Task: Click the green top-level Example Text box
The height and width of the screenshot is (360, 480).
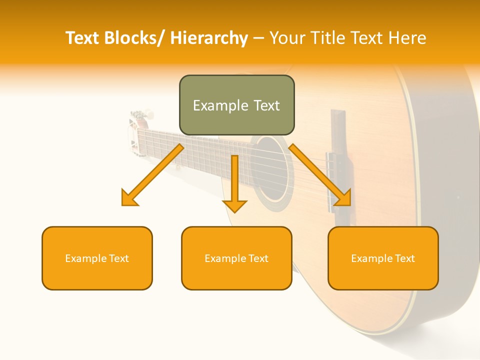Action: (236, 105)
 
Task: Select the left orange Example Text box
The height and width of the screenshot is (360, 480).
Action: (97, 258)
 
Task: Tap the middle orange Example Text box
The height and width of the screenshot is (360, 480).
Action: (236, 258)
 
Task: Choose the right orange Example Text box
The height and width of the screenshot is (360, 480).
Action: (383, 258)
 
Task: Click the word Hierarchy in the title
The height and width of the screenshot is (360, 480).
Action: (209, 38)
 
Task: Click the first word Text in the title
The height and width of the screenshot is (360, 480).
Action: (82, 38)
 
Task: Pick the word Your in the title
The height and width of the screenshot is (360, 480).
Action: (287, 38)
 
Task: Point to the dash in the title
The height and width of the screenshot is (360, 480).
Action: (258, 38)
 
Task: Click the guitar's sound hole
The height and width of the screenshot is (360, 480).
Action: (272, 170)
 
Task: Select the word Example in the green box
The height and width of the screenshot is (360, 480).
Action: (213, 105)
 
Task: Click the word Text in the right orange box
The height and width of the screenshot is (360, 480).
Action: (405, 258)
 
